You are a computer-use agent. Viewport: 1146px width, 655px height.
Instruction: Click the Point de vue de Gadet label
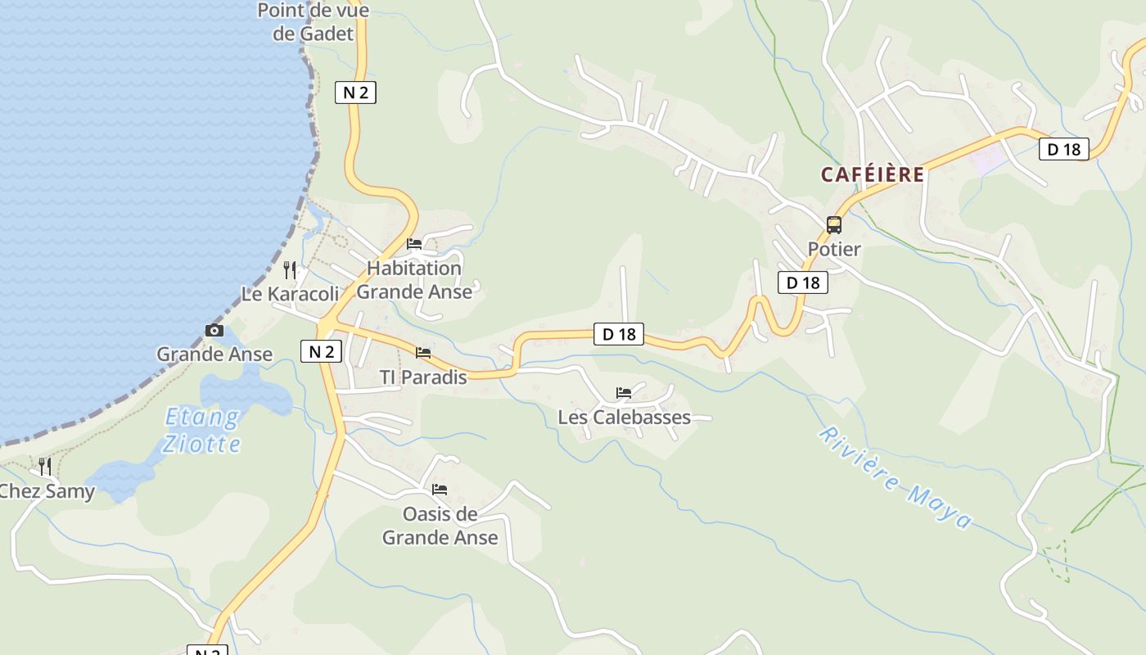[313, 22]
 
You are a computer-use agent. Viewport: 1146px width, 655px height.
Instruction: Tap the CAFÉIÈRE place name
[873, 174]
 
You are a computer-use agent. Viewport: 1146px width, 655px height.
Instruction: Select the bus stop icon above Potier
[833, 225]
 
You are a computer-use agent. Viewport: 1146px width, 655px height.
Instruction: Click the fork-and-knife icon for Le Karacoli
[289, 270]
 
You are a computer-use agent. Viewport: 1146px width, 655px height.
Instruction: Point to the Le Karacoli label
[290, 294]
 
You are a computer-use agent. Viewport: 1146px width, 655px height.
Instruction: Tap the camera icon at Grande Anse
[214, 331]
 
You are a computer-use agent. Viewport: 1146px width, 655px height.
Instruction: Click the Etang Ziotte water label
[201, 431]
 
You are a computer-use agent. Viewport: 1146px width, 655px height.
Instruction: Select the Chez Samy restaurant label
[47, 492]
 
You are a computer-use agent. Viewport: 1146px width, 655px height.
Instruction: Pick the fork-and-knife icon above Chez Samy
[45, 467]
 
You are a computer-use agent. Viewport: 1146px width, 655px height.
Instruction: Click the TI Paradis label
[423, 377]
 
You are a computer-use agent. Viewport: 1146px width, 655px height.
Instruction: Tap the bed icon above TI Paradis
[423, 353]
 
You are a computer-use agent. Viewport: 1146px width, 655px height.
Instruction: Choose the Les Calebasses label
[624, 418]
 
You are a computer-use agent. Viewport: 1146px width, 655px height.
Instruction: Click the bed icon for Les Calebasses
[624, 393]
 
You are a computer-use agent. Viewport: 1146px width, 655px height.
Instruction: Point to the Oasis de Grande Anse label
[440, 526]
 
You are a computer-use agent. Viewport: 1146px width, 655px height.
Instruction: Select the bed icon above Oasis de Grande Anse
[440, 490]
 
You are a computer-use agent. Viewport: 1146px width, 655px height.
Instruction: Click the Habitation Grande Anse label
[414, 280]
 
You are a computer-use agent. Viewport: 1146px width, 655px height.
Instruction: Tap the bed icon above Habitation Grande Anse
[414, 244]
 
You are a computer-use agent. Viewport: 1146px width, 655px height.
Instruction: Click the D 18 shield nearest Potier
[802, 282]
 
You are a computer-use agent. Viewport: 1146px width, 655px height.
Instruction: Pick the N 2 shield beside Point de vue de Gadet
[355, 93]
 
